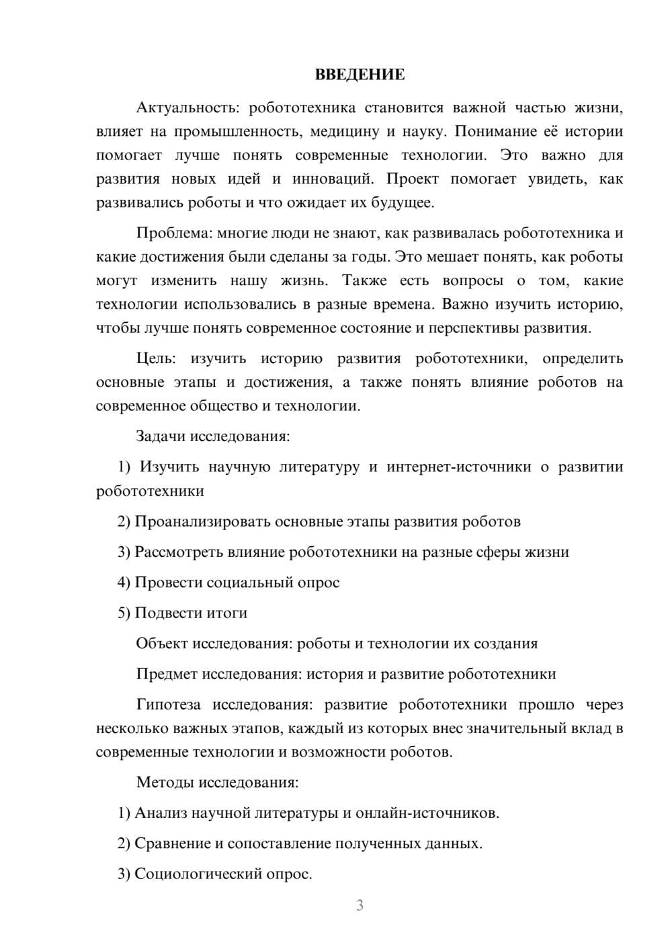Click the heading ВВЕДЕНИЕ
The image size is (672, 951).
click(360, 75)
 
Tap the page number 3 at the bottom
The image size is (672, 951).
click(360, 905)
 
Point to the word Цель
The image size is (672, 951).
click(155, 358)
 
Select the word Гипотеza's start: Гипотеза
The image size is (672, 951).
click(168, 705)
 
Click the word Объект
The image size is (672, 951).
click(162, 644)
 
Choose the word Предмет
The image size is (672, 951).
click(167, 674)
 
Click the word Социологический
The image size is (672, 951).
click(190, 874)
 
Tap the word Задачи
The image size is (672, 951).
click(161, 436)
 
